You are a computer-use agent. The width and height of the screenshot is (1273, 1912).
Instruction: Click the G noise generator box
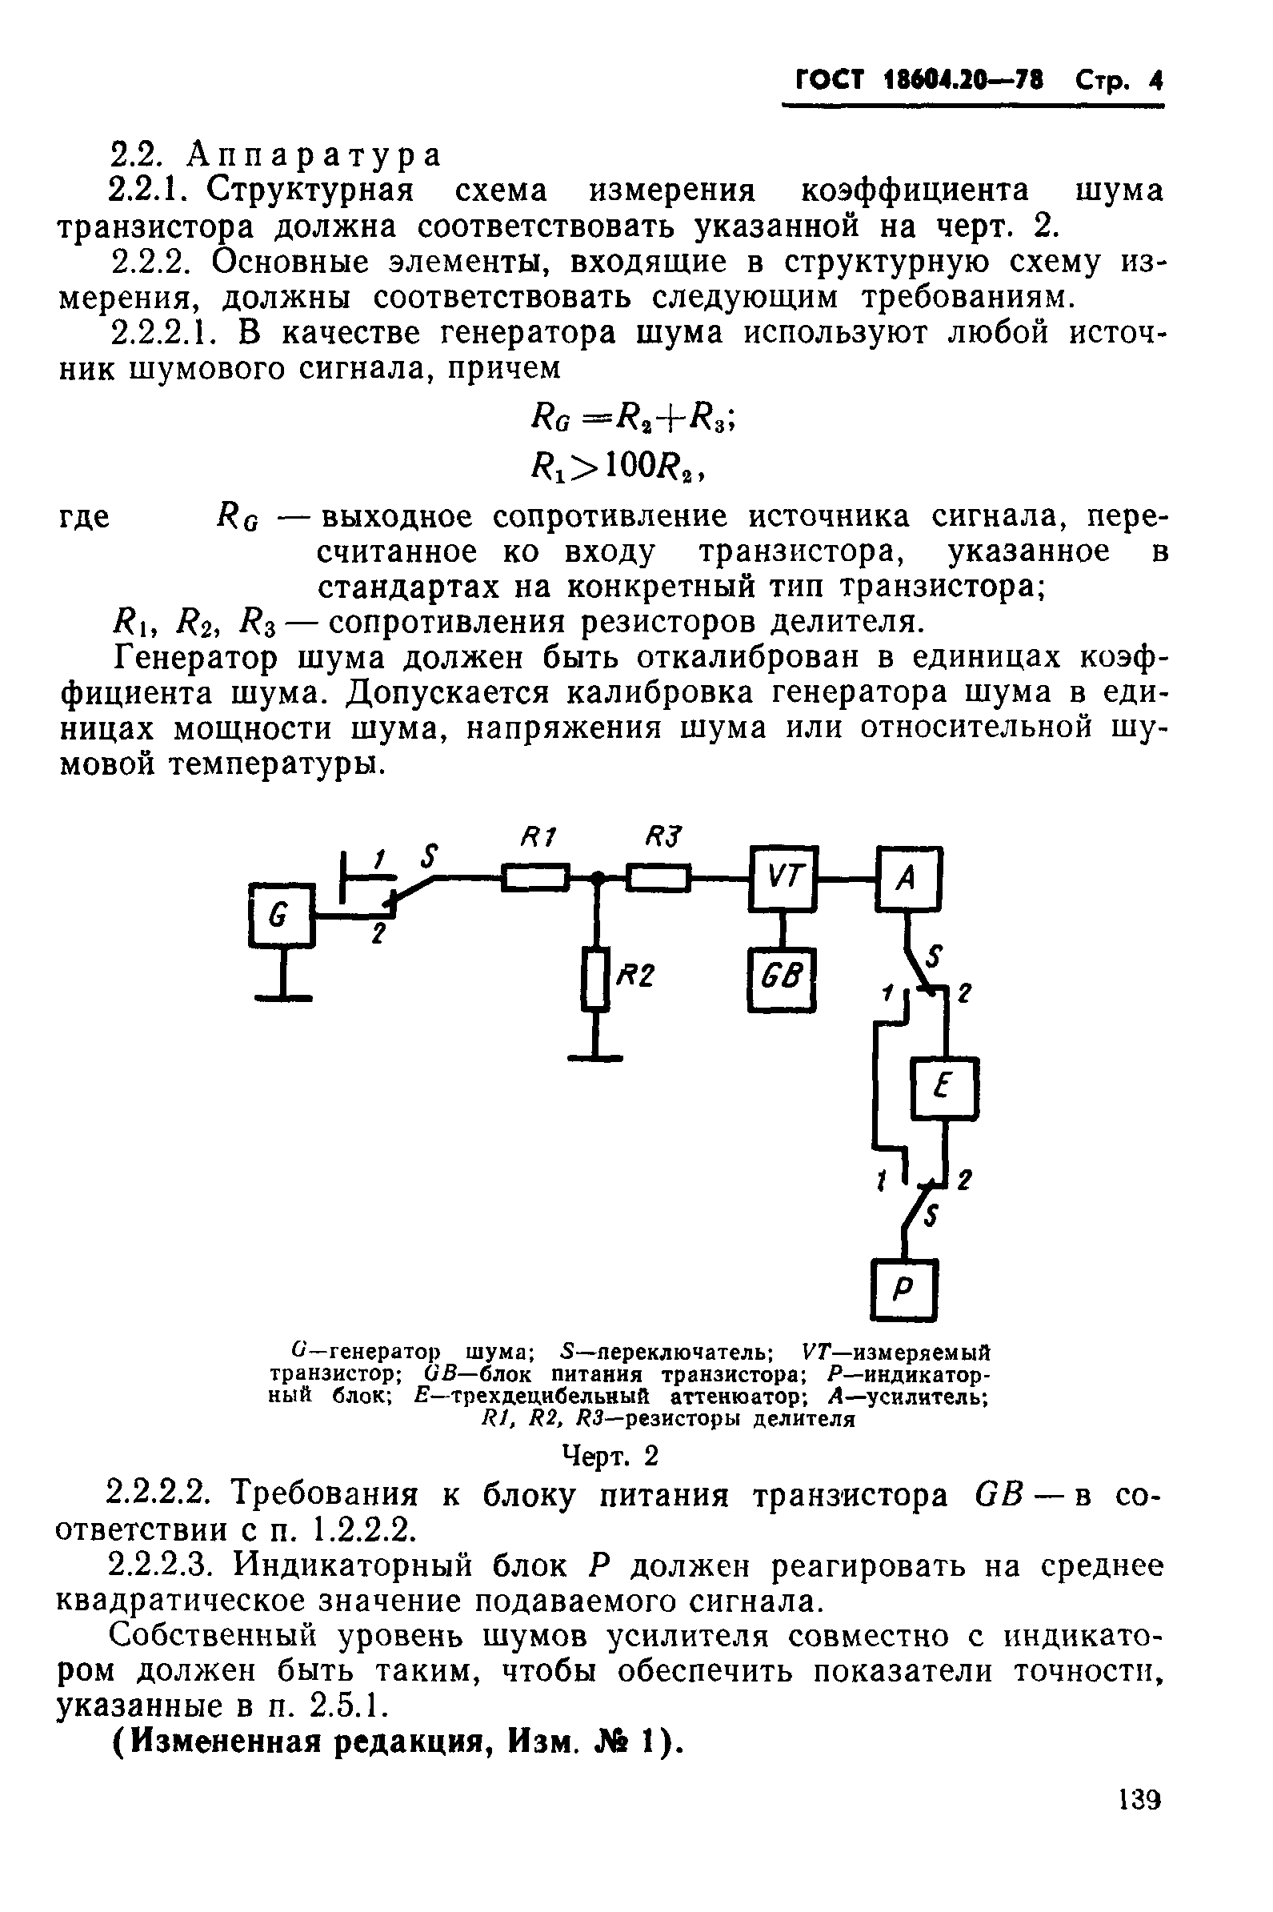click(x=281, y=914)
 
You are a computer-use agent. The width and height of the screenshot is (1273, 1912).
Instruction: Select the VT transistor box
click(x=783, y=878)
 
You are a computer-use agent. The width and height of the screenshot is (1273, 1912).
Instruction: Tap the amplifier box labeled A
click(x=908, y=878)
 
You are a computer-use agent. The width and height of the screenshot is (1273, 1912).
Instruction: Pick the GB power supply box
click(x=780, y=980)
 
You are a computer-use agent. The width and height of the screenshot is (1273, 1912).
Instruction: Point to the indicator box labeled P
click(x=903, y=1289)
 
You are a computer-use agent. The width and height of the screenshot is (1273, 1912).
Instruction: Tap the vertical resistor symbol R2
click(x=595, y=980)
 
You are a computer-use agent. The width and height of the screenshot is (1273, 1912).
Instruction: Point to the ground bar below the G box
click(x=282, y=998)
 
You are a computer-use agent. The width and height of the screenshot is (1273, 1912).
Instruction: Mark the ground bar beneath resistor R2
click(x=595, y=1058)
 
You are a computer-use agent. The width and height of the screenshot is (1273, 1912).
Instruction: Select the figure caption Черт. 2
click(x=610, y=1457)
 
